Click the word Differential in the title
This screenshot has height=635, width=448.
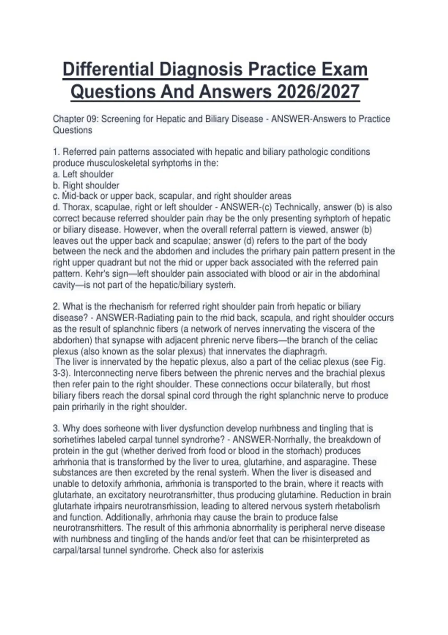(108, 70)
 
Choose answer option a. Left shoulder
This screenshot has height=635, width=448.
(83, 174)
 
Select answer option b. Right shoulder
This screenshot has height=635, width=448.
(86, 185)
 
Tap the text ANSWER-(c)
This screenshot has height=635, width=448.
(246, 207)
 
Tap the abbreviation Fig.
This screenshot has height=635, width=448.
(378, 362)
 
